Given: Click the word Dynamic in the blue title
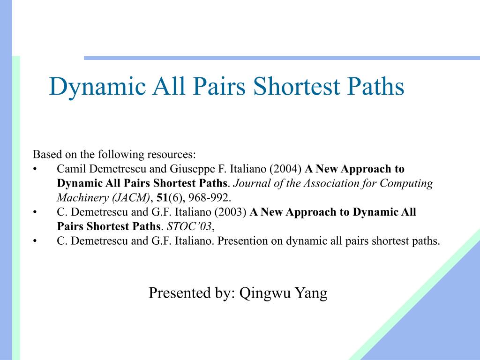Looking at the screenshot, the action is pyautogui.click(x=97, y=87).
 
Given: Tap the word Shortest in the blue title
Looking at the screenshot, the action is pyautogui.click(x=297, y=86).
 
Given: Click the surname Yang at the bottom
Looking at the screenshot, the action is pyautogui.click(x=311, y=293).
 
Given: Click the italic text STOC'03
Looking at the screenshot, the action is pyautogui.click(x=189, y=226).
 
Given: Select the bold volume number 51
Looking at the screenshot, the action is pyautogui.click(x=162, y=198).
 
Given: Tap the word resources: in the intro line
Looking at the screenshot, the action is pyautogui.click(x=172, y=154).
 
